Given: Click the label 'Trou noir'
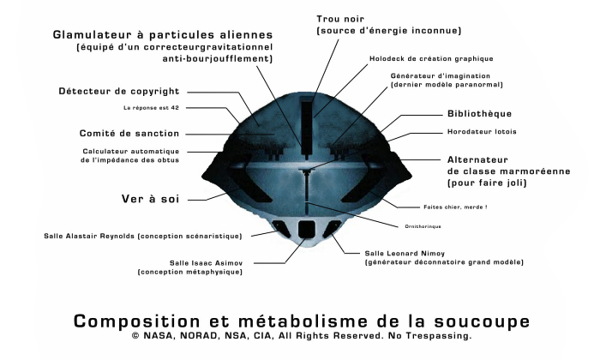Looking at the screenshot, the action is pos(340,19).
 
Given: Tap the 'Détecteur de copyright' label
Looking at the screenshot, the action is pos(119,92).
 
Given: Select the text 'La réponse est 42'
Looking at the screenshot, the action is pos(151,108).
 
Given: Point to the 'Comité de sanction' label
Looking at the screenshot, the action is pos(129,134).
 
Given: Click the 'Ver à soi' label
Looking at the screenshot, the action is pos(150,199).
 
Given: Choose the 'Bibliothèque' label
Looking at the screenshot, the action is pos(479,114).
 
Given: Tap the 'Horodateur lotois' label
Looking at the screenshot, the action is pos(482,132).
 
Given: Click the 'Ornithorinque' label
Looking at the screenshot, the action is pos(423,226).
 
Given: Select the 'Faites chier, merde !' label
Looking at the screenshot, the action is pos(455,207).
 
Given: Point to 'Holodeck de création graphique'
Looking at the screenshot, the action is pos(431,58).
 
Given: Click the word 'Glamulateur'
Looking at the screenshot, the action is pos(94,35).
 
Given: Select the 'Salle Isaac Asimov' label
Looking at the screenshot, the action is pos(207,263).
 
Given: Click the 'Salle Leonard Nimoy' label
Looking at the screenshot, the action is pos(405,253).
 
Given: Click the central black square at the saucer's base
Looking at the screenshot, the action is pos(307,229).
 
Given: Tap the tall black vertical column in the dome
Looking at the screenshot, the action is pos(306,127).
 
